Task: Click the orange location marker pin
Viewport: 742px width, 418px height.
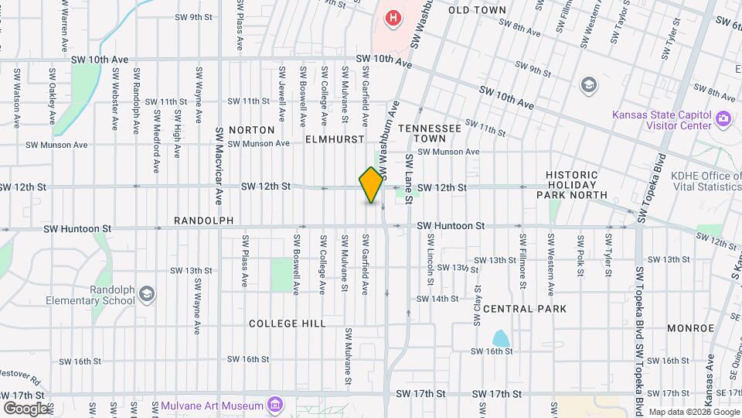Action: point(371,185)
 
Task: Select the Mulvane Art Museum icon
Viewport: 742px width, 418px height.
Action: point(274,405)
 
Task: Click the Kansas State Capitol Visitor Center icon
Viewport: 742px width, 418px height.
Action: point(723,118)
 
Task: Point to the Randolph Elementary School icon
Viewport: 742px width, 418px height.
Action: point(147,294)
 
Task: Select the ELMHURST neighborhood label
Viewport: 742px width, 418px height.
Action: point(334,139)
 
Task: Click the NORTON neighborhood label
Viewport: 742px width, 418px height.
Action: point(252,130)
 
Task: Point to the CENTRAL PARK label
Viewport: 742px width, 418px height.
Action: point(526,309)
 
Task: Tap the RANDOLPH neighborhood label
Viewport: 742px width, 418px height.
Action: point(203,221)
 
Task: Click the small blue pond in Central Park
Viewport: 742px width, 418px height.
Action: point(501,338)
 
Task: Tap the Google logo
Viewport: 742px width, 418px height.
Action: point(26,408)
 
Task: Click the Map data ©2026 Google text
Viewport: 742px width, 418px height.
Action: point(693,412)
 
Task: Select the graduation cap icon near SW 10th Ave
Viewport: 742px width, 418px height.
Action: point(589,84)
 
